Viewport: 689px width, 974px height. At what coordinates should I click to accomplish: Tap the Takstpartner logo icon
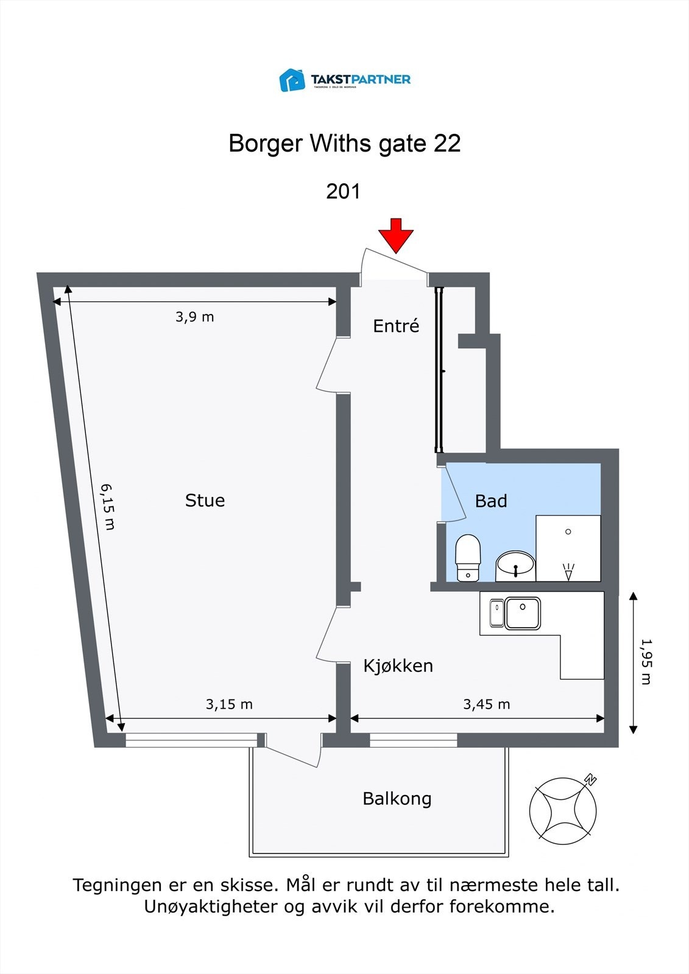(x=292, y=80)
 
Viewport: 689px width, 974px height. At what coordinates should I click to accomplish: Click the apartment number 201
(x=344, y=191)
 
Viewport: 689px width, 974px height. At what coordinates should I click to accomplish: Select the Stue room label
(x=205, y=500)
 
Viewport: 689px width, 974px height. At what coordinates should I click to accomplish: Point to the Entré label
(x=396, y=326)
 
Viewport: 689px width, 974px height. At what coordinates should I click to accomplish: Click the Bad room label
(x=491, y=501)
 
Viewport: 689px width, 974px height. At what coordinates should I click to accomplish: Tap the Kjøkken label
(x=398, y=666)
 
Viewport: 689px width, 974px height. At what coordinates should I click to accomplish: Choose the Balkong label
(x=397, y=799)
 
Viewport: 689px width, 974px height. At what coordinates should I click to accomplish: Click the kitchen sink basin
(x=523, y=613)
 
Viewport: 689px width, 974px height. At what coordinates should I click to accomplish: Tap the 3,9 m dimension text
(x=195, y=317)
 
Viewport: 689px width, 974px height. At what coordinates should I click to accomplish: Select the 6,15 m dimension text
(x=108, y=506)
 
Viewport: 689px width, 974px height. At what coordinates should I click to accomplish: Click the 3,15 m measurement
(x=229, y=704)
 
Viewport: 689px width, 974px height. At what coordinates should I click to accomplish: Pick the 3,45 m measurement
(x=486, y=704)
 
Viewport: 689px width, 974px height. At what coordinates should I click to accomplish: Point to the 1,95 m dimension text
(x=646, y=662)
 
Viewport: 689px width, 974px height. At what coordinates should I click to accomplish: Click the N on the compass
(x=590, y=779)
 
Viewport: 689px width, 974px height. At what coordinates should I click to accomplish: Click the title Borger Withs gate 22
(x=344, y=144)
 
